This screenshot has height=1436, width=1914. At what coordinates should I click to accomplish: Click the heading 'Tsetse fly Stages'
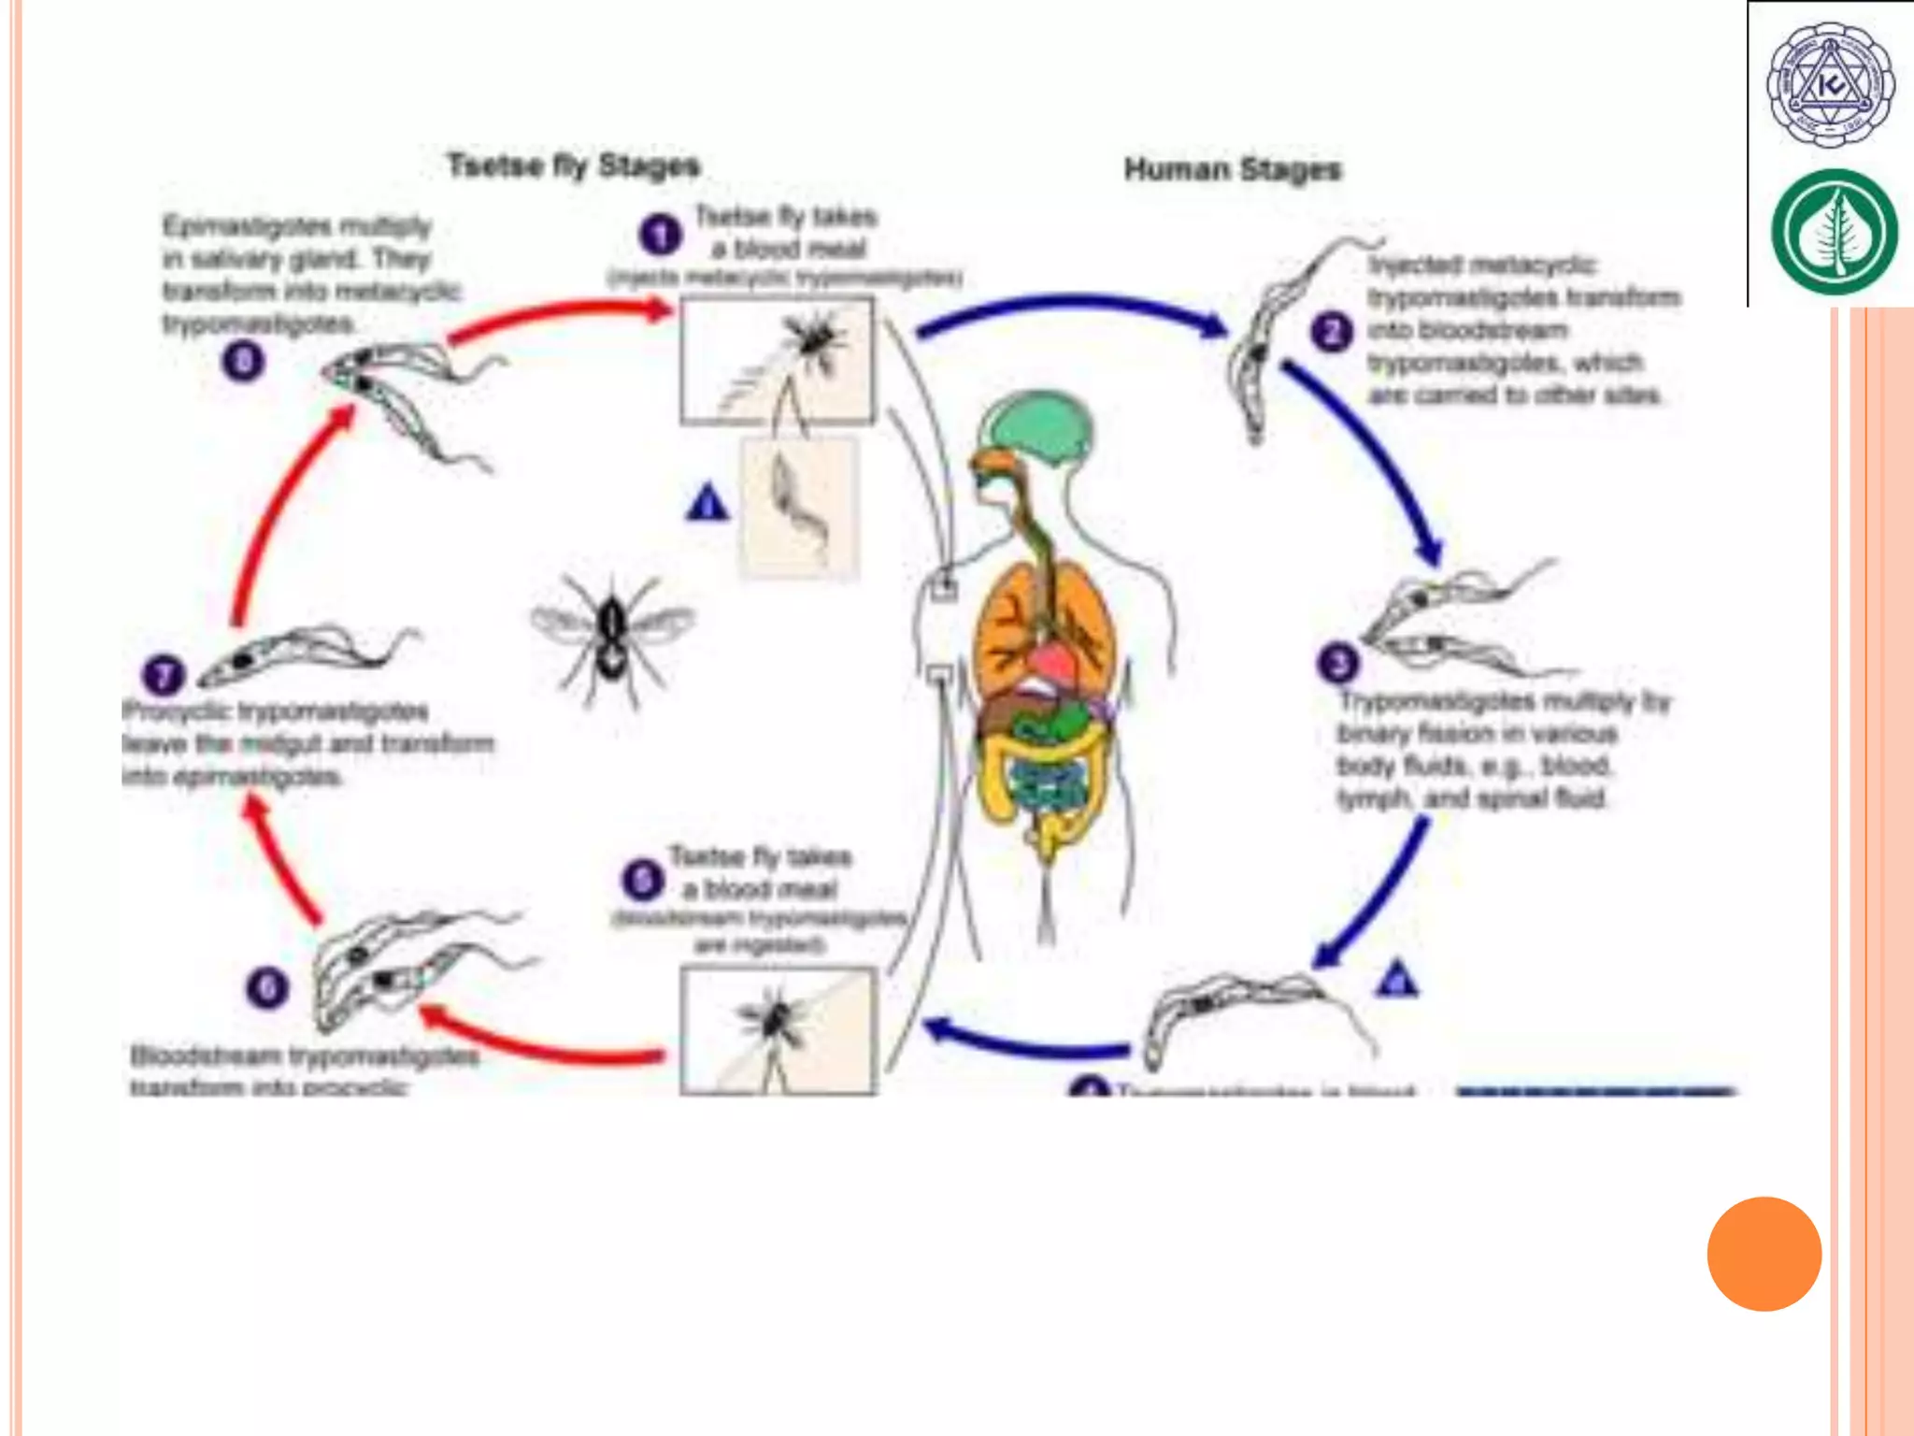click(x=573, y=166)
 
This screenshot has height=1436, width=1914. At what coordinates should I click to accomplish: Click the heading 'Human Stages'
click(x=1232, y=170)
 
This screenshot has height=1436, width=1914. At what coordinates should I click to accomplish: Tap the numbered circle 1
click(x=660, y=235)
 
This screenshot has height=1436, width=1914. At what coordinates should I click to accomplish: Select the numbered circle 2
click(x=1331, y=333)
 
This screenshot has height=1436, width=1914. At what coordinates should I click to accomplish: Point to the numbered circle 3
click(x=1336, y=663)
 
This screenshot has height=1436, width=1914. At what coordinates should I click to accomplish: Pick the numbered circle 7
click(x=163, y=675)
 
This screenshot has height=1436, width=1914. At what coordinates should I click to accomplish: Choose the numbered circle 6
click(x=266, y=988)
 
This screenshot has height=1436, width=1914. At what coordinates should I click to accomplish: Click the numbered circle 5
click(x=642, y=880)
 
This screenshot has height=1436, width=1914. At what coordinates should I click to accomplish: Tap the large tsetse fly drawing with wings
click(x=612, y=636)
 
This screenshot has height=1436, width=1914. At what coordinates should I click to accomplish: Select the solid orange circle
click(x=1764, y=1254)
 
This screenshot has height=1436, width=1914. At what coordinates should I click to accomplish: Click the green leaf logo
click(x=1834, y=231)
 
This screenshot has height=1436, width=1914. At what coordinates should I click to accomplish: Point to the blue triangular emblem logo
click(x=1830, y=86)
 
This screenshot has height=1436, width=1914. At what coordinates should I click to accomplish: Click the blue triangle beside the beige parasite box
click(x=707, y=503)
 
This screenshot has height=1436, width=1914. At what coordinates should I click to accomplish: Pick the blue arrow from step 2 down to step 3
click(x=1369, y=458)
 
